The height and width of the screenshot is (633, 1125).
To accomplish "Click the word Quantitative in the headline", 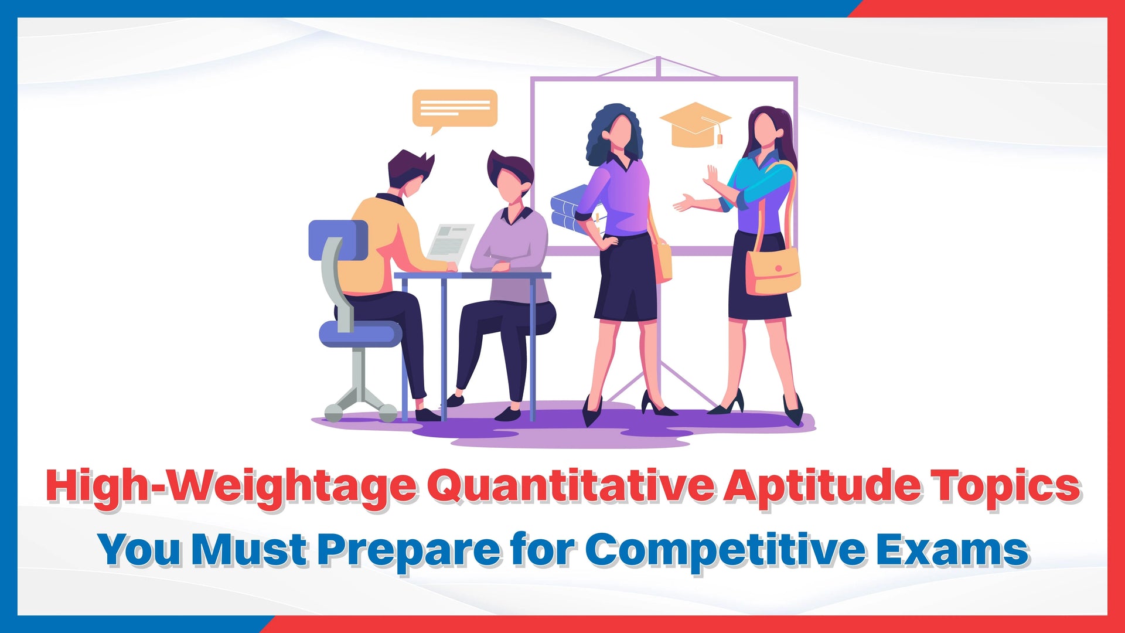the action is click(571, 486).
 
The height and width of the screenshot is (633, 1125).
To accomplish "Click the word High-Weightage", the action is click(232, 486).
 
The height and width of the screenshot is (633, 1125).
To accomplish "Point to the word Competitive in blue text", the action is click(725, 550).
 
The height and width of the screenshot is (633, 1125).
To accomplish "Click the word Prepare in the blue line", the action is click(409, 550).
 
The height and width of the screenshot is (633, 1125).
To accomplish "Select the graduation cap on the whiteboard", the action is click(696, 124).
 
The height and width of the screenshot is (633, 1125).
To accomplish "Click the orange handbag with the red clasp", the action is click(773, 271).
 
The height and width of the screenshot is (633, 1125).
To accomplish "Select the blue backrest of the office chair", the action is click(338, 240).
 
